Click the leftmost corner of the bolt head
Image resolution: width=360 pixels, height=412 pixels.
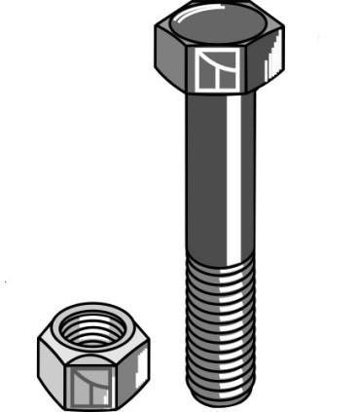point(156,40)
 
